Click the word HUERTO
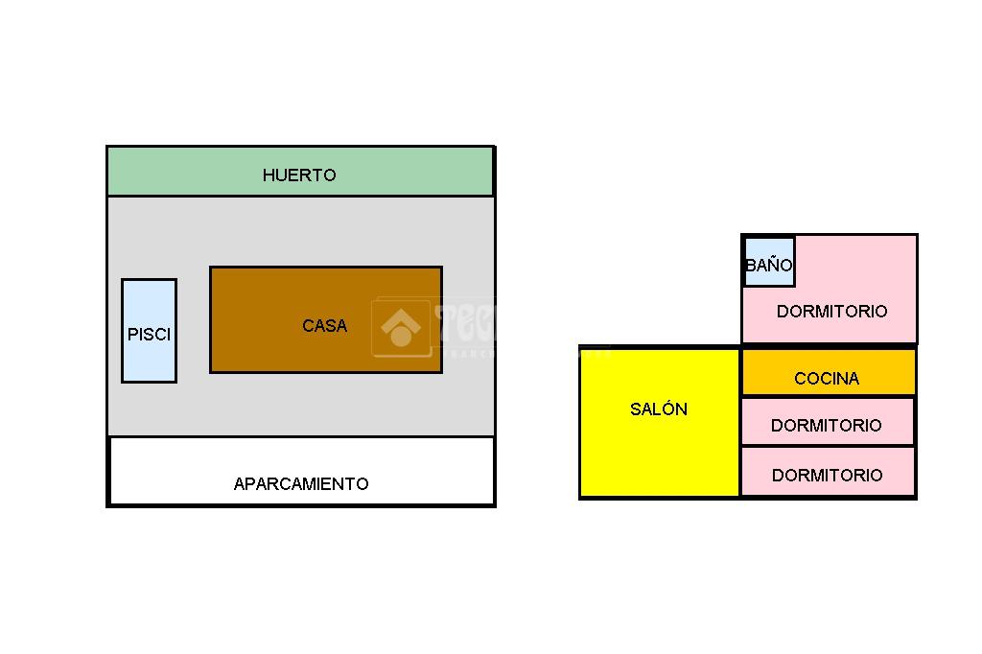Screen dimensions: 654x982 coord(299,175)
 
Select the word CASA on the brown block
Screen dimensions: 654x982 coord(324,326)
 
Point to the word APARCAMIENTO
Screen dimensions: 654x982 coord(301,484)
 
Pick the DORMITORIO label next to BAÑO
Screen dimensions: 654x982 coord(831,312)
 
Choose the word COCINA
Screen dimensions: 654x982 coord(827,379)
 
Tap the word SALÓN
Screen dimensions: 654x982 coord(659,409)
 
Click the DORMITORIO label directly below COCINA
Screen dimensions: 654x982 coord(826,426)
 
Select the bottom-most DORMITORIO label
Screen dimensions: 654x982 coord(827,476)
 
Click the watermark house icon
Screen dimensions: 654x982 coord(401,328)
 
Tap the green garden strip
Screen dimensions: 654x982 coord(403,173)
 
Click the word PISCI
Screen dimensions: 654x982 coord(149,336)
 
